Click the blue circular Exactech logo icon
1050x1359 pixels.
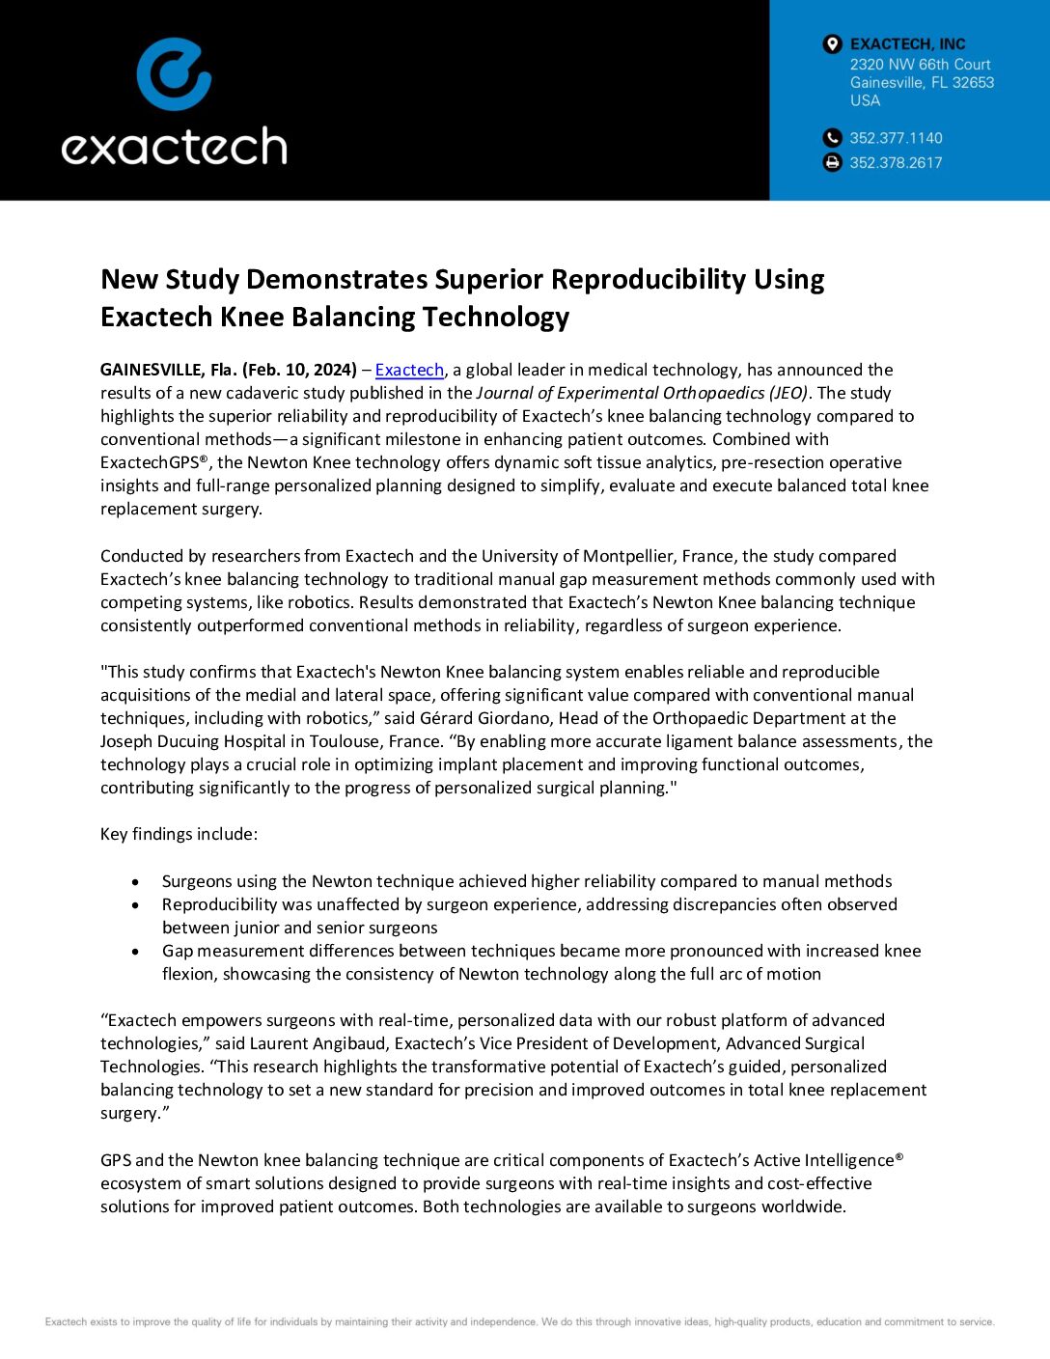[x=174, y=73]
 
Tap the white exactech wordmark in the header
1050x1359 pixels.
[x=174, y=147]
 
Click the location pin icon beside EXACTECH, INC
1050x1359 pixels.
[x=832, y=44]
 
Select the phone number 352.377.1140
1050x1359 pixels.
[x=896, y=138]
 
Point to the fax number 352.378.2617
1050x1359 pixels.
[x=896, y=163]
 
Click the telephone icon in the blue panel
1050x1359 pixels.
[x=832, y=138]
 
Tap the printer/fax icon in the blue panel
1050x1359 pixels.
[x=832, y=163]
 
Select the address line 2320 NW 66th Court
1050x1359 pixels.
[x=920, y=65]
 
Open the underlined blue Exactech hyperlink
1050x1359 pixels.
[x=409, y=370]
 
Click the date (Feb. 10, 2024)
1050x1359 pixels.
[x=299, y=370]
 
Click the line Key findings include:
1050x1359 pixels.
[x=179, y=834]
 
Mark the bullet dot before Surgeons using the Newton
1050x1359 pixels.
[x=136, y=882]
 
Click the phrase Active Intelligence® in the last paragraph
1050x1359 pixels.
[x=827, y=1160]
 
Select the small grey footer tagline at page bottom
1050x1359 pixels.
[x=519, y=1322]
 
